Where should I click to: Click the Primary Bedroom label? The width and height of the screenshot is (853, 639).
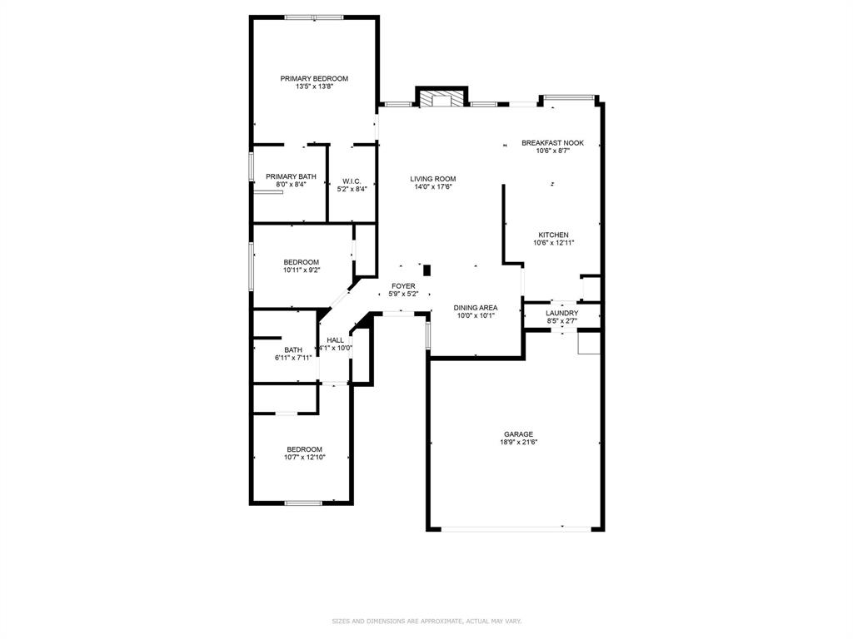pos(314,78)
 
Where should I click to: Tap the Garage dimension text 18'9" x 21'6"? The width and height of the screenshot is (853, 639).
pos(518,443)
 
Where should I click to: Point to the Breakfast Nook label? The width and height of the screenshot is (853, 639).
pos(552,143)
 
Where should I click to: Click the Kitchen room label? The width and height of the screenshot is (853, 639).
pos(553,235)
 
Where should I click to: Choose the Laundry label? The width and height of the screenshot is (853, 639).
pos(561,313)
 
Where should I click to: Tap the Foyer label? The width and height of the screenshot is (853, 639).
pos(403,286)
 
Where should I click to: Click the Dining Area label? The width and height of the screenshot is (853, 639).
pos(476,308)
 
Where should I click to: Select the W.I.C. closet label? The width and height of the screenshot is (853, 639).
pos(352,181)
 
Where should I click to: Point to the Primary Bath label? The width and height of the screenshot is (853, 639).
pos(291,176)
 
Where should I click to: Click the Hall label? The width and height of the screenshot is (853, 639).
pos(336,340)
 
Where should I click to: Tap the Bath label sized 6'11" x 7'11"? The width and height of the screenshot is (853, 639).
pos(293,350)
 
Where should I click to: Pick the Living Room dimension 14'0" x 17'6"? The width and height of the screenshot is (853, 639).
pos(432,187)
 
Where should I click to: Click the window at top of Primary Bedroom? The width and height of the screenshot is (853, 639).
pos(314,17)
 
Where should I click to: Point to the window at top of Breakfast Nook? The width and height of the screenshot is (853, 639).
pos(569,98)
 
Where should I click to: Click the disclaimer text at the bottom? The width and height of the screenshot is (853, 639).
pos(426,621)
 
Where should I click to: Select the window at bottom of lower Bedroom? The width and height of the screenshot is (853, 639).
pos(303,503)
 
